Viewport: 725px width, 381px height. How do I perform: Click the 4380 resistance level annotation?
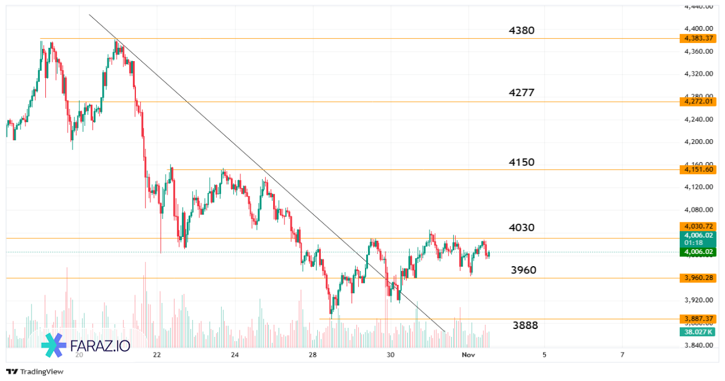coord(521,30)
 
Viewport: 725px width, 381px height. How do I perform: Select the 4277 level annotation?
coord(521,93)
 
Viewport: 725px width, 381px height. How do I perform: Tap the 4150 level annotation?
coord(521,162)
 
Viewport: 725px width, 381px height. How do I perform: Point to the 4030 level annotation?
coord(521,227)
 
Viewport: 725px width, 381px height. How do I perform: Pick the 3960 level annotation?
coord(523,270)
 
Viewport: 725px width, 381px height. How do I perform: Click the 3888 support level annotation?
coord(525,325)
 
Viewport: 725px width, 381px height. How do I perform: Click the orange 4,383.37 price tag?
coord(697,38)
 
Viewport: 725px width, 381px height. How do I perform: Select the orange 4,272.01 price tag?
coord(697,102)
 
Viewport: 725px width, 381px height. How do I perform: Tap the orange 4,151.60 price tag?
coord(697,170)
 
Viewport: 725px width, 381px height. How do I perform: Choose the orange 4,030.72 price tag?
coord(697,226)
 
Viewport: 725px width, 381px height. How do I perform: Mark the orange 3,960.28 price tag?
coord(697,278)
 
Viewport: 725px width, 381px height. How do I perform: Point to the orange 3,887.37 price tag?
coord(697,319)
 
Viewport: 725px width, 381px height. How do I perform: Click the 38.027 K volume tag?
coord(697,331)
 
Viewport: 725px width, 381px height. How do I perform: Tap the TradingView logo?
coord(35,371)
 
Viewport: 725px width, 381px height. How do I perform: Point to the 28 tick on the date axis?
coord(313,354)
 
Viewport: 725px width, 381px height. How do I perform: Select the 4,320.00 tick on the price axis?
coord(697,74)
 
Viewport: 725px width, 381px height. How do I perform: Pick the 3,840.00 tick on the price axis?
coord(697,345)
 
